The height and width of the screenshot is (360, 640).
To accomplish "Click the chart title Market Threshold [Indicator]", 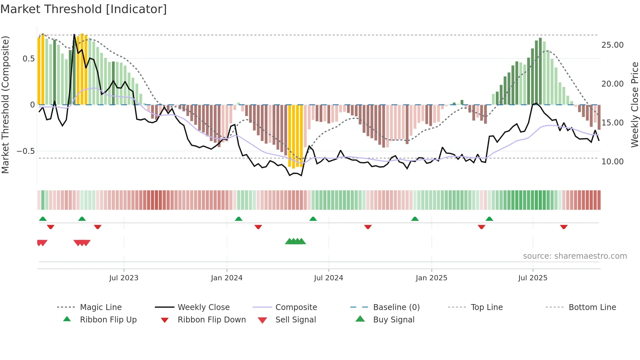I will coord(84,9).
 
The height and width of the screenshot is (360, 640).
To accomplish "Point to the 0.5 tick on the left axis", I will coord(28,59).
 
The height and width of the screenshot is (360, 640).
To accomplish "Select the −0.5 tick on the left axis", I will coord(25,151).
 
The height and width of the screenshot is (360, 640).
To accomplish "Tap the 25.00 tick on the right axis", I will coord(612,45).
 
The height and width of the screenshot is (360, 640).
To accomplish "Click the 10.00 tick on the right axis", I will coord(612,162).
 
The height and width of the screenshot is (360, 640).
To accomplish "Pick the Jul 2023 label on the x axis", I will coord(124,278).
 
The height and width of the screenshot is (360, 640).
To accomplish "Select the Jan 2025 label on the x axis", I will coord(431,278).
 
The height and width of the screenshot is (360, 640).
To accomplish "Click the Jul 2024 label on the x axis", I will coord(328,278).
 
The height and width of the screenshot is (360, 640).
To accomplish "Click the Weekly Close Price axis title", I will coord(634,105).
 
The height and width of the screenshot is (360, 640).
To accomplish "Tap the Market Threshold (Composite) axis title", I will coord(5,105).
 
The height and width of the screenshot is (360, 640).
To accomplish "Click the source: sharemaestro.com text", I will coord(575,256).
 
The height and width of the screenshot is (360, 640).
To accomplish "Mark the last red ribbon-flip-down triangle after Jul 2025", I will coord(564,227).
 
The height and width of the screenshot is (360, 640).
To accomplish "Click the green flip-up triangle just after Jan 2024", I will coord(239,219).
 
